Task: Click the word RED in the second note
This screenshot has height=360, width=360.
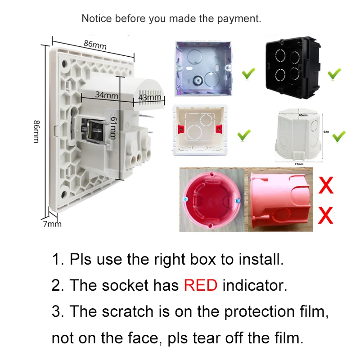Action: point(201,285)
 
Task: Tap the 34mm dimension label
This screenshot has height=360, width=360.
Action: point(106,95)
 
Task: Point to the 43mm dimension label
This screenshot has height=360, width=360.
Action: point(150,97)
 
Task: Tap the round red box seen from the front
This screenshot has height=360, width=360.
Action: point(211,201)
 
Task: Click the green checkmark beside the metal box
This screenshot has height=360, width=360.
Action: point(248,73)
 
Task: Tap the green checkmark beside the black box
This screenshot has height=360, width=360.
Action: point(333,73)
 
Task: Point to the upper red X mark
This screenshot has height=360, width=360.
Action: point(325,185)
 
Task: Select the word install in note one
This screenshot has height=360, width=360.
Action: point(263,259)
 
